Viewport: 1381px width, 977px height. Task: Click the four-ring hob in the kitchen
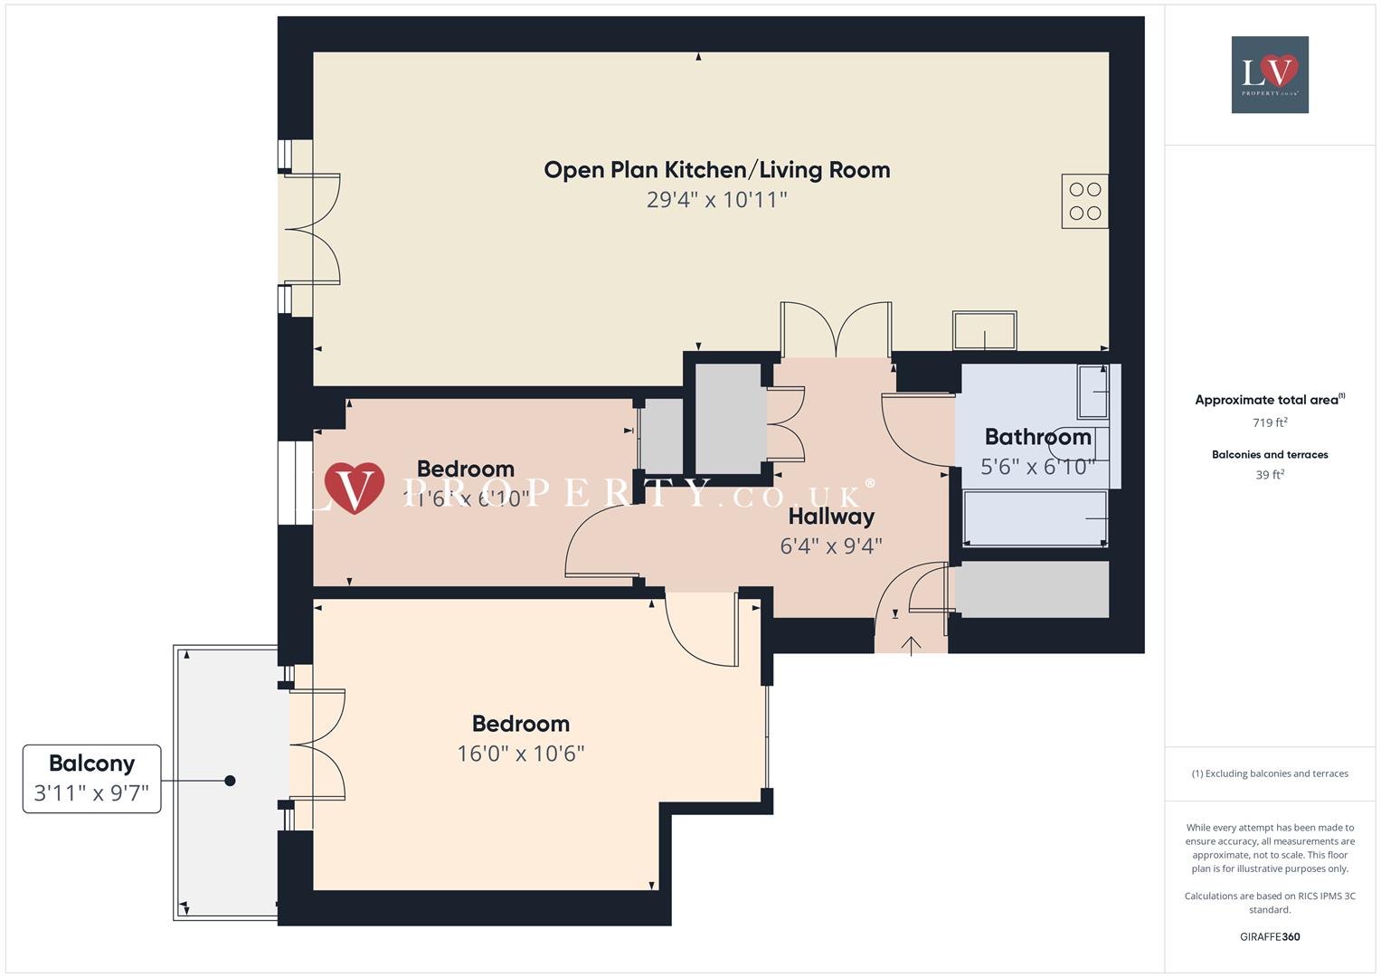[1084, 201]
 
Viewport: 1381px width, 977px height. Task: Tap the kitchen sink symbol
[984, 330]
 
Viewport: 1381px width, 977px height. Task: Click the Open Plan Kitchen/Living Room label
[716, 170]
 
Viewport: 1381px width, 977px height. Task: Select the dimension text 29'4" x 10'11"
[716, 200]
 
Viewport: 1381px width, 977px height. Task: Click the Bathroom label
[1037, 437]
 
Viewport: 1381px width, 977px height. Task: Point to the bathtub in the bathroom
[1035, 518]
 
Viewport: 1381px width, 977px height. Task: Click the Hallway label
[831, 517]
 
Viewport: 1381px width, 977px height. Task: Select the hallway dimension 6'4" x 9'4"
[831, 545]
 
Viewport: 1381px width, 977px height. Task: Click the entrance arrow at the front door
[911, 644]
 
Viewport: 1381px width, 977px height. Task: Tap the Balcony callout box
[91, 778]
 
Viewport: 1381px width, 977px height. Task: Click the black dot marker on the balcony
[230, 781]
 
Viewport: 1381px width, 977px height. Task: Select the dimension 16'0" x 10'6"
[521, 754]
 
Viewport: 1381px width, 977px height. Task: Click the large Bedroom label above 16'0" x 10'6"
[521, 724]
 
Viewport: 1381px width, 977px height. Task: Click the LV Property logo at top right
[1270, 74]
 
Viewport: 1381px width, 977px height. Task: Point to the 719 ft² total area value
[1270, 422]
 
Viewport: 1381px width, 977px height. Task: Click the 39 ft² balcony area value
[1270, 475]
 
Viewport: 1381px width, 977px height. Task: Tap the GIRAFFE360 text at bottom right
[1270, 936]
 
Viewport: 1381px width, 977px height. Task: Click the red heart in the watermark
[354, 488]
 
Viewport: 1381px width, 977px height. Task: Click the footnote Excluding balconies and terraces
[1270, 773]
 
